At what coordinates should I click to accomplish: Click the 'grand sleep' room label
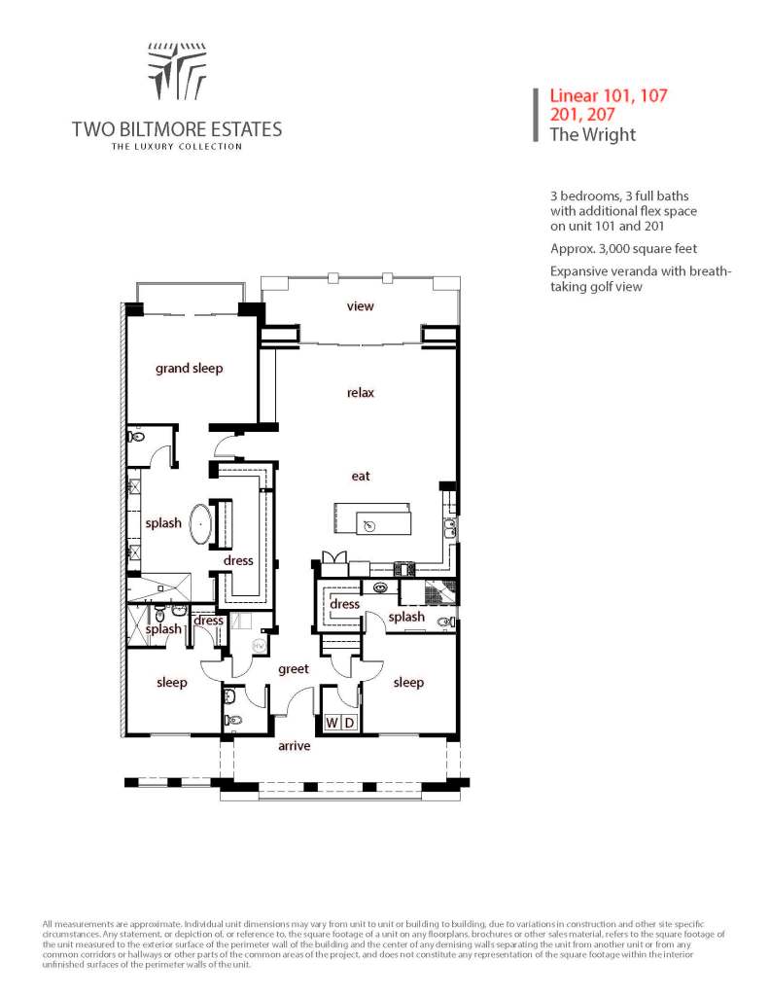click(x=190, y=369)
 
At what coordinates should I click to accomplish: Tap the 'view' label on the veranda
click(x=361, y=306)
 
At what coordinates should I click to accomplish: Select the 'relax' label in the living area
click(x=361, y=393)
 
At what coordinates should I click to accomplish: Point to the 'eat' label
click(x=361, y=476)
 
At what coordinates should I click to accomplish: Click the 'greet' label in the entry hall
click(x=293, y=669)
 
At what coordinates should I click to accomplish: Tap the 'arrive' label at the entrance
click(x=294, y=746)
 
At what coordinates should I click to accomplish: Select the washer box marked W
click(x=332, y=723)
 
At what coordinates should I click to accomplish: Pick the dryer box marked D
click(x=350, y=723)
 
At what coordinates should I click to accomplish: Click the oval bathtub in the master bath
click(x=201, y=523)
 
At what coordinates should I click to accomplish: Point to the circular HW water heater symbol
click(x=259, y=646)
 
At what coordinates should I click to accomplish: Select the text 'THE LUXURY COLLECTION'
click(x=176, y=147)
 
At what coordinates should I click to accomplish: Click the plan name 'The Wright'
click(x=592, y=134)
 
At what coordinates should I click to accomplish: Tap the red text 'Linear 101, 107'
click(x=608, y=96)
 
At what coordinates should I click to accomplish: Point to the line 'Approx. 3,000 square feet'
click(x=623, y=248)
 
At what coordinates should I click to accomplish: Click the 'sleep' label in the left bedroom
click(x=172, y=683)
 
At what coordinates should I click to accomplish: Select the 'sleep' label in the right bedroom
click(x=408, y=683)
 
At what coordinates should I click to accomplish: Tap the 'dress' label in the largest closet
click(x=238, y=560)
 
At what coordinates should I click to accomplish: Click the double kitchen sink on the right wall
click(x=449, y=528)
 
